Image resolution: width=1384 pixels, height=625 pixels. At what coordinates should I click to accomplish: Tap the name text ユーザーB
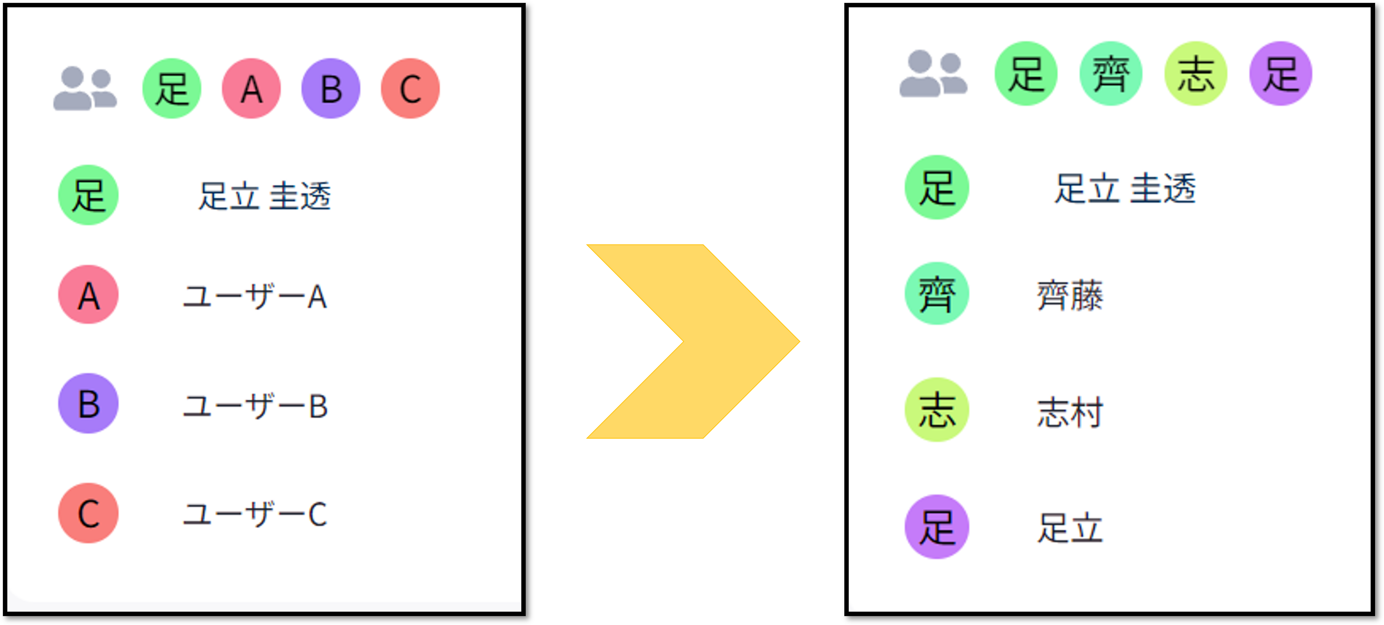[x=255, y=406]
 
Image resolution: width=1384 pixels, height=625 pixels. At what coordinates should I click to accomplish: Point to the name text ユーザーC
[x=255, y=514]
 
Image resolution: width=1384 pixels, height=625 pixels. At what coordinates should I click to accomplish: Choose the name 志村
[x=1070, y=412]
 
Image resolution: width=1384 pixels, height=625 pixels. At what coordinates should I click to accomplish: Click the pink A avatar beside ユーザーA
[x=88, y=295]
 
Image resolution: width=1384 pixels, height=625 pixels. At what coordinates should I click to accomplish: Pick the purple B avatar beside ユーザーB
[x=88, y=404]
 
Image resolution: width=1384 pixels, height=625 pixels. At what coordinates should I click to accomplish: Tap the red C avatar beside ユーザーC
[x=88, y=513]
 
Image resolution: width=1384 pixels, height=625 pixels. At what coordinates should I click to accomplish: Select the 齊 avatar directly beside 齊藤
[x=937, y=294]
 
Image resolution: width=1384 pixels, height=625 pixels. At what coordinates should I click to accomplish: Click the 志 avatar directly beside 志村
[x=937, y=410]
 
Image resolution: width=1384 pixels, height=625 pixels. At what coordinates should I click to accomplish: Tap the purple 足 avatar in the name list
[x=937, y=527]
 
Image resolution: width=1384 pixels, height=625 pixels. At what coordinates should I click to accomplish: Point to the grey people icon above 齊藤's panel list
[x=933, y=73]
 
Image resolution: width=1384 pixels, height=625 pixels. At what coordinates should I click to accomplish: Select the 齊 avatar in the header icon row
[x=1110, y=73]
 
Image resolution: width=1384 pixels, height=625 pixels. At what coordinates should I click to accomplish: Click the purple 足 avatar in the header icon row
[x=1280, y=73]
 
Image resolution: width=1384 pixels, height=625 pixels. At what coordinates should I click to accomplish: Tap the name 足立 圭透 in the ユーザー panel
[x=264, y=196]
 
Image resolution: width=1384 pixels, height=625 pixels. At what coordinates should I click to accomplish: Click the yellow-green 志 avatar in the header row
[x=1196, y=73]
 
